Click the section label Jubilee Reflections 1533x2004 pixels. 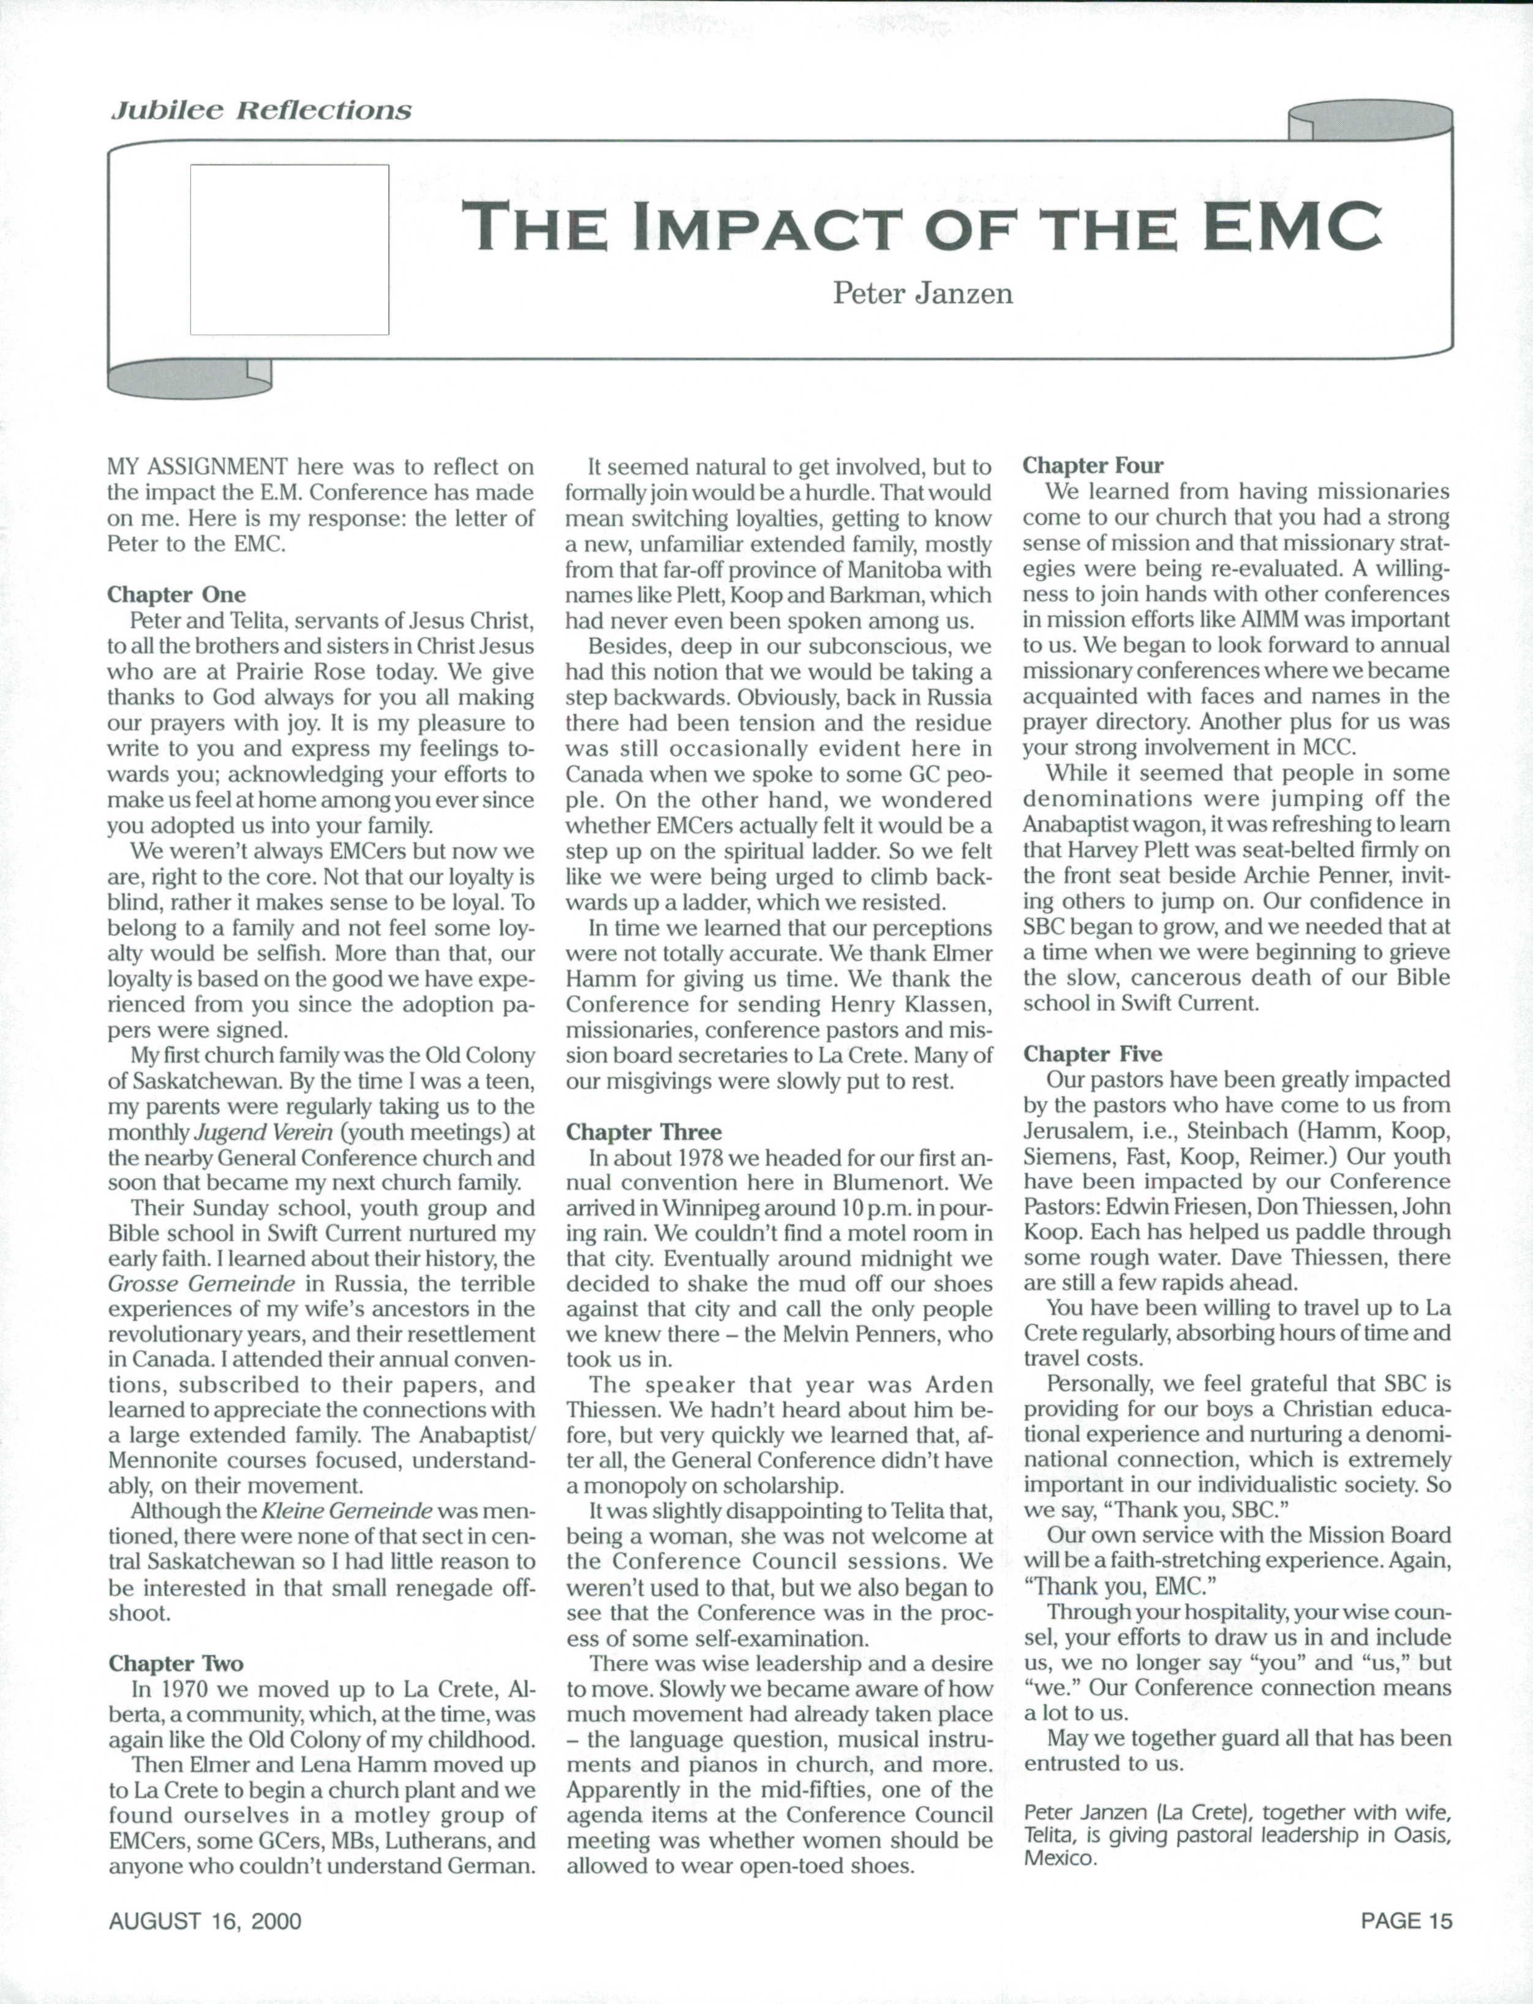point(260,110)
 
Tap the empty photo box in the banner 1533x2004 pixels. point(289,249)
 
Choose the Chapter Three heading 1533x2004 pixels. point(643,1132)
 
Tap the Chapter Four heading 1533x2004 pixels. point(1092,466)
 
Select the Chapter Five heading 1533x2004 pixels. point(1092,1054)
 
